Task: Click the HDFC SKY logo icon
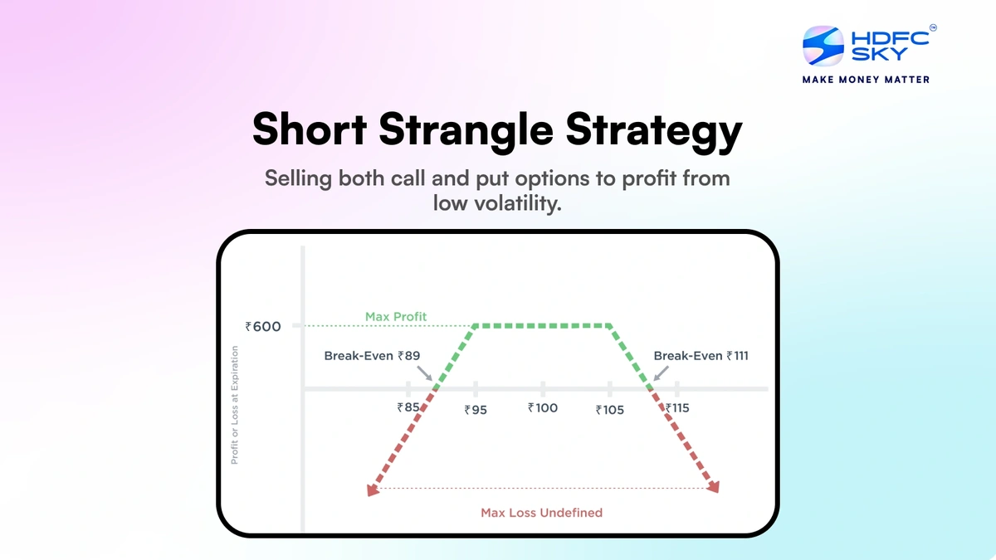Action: coord(823,46)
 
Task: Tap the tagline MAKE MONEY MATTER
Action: coord(865,80)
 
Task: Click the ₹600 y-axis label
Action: coord(263,327)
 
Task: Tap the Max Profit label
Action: coord(396,317)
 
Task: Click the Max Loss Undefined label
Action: coord(541,513)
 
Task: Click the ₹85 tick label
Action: coord(408,407)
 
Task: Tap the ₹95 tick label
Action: coord(476,409)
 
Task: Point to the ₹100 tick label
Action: coord(543,408)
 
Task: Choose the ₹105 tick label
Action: coord(610,409)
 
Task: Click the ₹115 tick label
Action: coord(677,408)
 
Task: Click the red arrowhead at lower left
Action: coord(373,490)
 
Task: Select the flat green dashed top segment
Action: coord(543,325)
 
